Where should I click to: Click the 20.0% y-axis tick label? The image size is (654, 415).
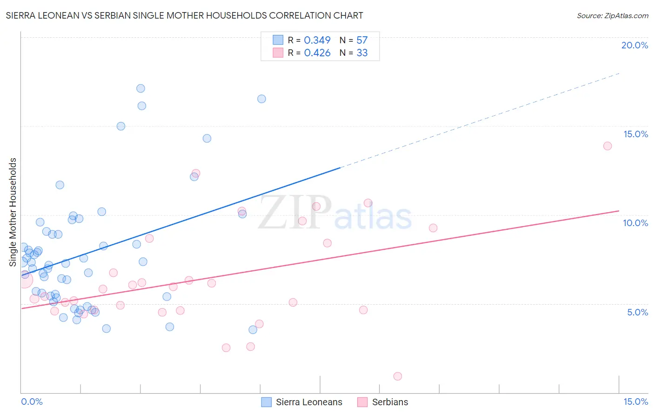634,45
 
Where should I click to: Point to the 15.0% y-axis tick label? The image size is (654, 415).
635,134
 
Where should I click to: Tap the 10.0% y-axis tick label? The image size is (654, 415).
635,223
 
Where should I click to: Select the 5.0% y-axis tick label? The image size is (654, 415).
637,312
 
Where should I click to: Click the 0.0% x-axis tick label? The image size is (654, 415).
32,402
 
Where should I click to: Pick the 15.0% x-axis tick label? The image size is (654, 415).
635,402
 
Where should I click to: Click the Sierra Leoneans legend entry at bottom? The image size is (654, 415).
309,402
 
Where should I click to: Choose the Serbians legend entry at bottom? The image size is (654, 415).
390,402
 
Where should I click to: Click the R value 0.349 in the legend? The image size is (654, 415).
317,40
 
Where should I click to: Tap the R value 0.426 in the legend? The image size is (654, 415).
317,53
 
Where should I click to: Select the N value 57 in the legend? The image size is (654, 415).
362,40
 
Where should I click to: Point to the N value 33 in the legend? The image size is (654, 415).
362,53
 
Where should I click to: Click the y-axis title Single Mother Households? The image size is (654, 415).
13,212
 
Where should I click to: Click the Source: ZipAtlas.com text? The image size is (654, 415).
612,16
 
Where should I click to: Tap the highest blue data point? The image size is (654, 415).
140,88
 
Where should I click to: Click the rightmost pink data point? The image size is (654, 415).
607,146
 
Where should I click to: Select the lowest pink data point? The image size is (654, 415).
398,376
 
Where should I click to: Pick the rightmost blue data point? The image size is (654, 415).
262,99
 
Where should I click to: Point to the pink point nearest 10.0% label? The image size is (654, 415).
433,228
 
